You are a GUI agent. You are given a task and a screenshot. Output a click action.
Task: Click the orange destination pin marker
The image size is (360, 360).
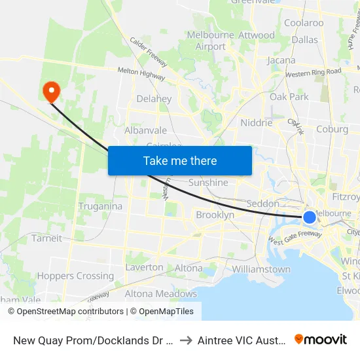(x=50, y=91)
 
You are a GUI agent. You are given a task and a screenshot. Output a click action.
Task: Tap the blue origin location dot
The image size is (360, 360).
(x=309, y=217)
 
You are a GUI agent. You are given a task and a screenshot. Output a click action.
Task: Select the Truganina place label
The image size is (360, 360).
(x=100, y=206)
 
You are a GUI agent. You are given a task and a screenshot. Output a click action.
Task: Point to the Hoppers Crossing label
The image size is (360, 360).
(x=75, y=276)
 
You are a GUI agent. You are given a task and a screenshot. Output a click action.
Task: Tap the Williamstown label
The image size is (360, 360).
(x=261, y=269)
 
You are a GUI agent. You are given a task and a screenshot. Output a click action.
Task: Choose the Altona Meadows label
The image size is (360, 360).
(x=160, y=294)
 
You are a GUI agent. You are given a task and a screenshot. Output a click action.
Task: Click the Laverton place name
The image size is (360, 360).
(x=144, y=267)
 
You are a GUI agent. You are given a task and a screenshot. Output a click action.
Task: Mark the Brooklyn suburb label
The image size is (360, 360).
(x=215, y=215)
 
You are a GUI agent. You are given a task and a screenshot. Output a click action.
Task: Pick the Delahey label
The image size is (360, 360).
(x=154, y=99)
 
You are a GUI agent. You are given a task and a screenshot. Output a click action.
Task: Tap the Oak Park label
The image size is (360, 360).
(x=289, y=97)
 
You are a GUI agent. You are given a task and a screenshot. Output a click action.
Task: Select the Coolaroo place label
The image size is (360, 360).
(x=304, y=23)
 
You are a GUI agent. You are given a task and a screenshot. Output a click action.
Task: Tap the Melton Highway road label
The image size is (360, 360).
(x=141, y=73)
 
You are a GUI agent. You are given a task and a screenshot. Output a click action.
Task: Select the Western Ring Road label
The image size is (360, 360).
(x=313, y=71)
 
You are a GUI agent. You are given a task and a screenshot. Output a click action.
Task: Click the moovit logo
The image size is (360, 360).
(x=320, y=339)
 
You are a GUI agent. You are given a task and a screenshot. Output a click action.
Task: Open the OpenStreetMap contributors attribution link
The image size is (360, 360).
(x=66, y=312)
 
